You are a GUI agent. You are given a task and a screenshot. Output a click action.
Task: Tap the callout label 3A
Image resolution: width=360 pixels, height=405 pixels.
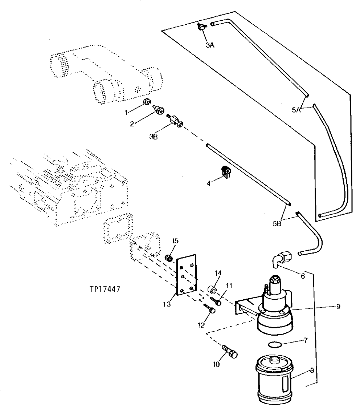click(x=209, y=45)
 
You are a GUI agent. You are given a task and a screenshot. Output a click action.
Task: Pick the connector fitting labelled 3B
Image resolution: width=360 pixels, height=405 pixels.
click(x=175, y=121)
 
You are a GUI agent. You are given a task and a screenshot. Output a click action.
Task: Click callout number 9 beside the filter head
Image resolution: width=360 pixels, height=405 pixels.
click(x=338, y=307)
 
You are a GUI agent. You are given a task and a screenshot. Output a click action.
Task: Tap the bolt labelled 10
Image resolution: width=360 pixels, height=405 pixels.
click(x=231, y=351)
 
